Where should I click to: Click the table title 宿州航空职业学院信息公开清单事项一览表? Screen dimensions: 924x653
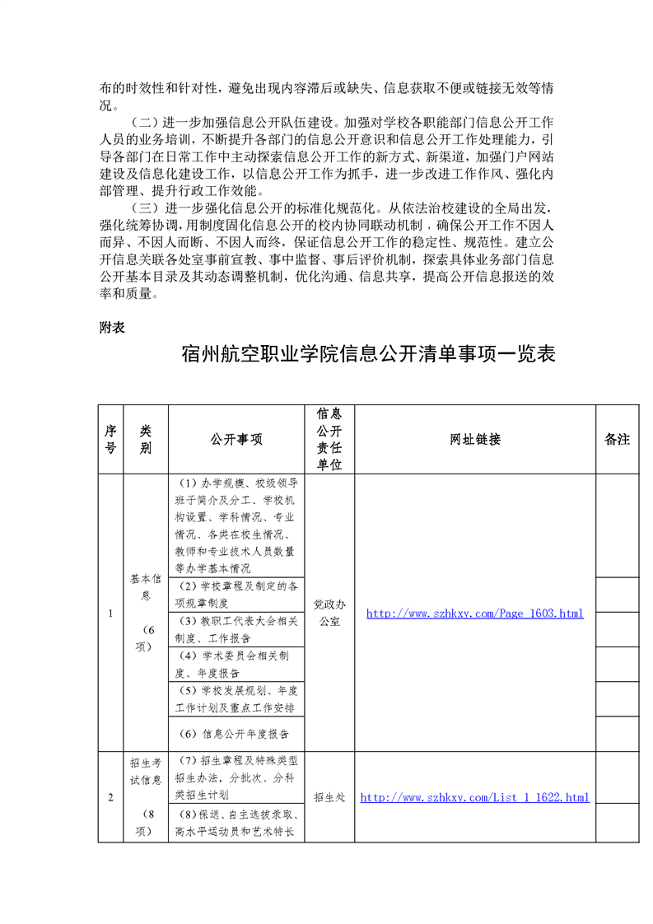pyautogui.click(x=368, y=355)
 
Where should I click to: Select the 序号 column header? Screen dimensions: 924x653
pyautogui.click(x=110, y=439)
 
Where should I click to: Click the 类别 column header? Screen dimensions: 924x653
pyautogui.click(x=146, y=439)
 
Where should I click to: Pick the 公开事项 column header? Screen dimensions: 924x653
pyautogui.click(x=236, y=440)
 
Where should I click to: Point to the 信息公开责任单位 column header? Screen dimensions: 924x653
pyautogui.click(x=329, y=439)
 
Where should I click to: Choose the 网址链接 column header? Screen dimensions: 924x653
pyautogui.click(x=475, y=440)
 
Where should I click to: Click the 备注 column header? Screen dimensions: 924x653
pyautogui.click(x=617, y=440)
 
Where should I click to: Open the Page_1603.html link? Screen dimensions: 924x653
pyautogui.click(x=474, y=614)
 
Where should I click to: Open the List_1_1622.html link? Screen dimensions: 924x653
pyautogui.click(x=475, y=797)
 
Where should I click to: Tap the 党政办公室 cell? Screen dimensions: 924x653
pyautogui.click(x=329, y=614)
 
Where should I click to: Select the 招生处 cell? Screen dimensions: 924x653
pyautogui.click(x=329, y=797)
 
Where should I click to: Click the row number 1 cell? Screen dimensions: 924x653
pyautogui.click(x=110, y=614)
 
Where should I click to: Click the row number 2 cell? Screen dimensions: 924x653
pyautogui.click(x=110, y=797)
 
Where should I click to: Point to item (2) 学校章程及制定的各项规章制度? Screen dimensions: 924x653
pyautogui.click(x=236, y=595)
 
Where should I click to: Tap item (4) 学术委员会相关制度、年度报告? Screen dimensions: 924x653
pyautogui.click(x=236, y=664)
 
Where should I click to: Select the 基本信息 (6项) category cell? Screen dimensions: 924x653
pyautogui.click(x=146, y=613)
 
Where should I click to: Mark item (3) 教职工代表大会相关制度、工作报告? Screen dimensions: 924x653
pyautogui.click(x=236, y=629)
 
